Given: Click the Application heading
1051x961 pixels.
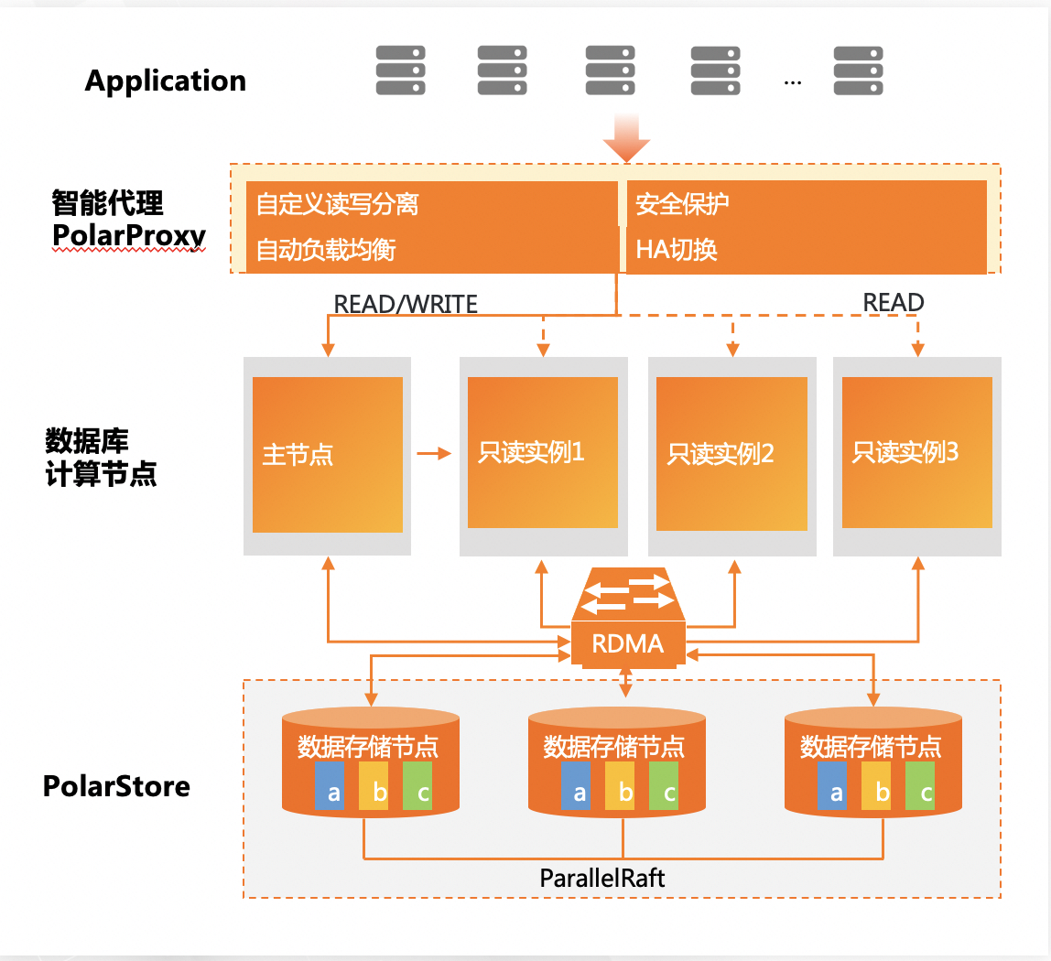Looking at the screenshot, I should tap(165, 81).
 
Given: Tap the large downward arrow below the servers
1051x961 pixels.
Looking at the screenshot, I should tap(626, 140).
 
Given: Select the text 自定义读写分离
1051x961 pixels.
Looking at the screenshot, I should tap(337, 203).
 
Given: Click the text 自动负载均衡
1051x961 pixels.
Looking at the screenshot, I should tap(326, 250).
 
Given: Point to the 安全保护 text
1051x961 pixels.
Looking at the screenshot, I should tap(682, 203).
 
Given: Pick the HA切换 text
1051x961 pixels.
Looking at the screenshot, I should tap(677, 250).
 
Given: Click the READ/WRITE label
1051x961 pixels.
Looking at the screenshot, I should tap(406, 304).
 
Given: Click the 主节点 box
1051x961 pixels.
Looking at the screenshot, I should tap(328, 455).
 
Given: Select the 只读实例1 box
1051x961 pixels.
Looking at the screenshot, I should tap(543, 452).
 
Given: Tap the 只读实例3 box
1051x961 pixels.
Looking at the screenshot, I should tap(916, 452).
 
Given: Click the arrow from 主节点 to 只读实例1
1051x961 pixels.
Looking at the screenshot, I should tap(434, 453).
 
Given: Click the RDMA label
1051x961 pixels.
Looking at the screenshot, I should tap(627, 644).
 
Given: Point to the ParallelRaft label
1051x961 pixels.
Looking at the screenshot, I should tap(602, 879).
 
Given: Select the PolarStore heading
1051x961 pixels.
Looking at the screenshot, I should tap(116, 786).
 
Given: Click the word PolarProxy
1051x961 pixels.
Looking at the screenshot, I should tap(129, 236).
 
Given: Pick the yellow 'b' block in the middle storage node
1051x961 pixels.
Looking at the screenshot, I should tap(625, 787).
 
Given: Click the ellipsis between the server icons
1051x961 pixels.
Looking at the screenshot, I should tap(793, 81).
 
